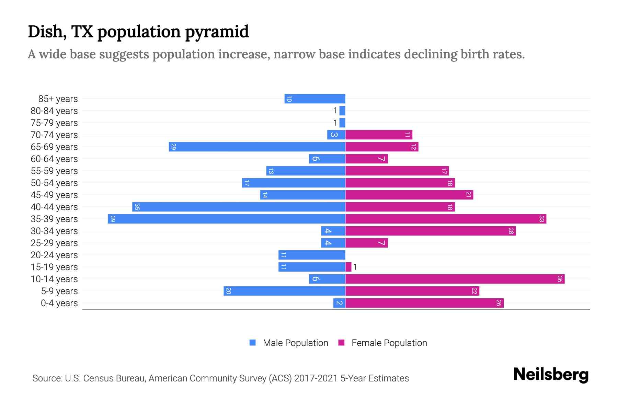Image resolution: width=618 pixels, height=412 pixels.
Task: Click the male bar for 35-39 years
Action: coord(227,219)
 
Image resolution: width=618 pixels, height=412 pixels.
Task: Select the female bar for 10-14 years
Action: coord(455,279)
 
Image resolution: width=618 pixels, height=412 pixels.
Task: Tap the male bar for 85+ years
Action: coord(315,99)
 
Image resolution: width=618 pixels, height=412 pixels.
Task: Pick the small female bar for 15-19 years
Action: coord(348,267)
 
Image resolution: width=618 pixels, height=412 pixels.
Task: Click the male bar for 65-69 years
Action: coord(257,147)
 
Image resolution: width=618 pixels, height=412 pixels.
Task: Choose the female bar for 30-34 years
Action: coord(431,231)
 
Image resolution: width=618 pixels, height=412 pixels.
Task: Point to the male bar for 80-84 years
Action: coord(342,111)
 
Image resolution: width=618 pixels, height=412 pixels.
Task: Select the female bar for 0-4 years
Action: coord(424,303)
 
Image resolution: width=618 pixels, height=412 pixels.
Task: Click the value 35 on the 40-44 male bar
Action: coord(137,207)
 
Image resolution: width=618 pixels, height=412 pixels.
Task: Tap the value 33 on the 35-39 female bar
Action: coord(541,219)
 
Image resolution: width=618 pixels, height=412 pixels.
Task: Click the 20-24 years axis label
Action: coord(54,255)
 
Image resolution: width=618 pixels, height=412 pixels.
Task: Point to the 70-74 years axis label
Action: coord(54,135)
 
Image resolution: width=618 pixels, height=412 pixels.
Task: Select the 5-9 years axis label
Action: coord(59,291)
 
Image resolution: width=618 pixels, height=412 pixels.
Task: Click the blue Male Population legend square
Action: coord(253,343)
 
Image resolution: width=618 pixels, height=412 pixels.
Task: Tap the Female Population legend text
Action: coord(389,343)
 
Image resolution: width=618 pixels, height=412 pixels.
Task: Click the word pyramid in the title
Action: coord(217,32)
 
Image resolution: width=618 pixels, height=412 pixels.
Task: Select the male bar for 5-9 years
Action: coord(284,291)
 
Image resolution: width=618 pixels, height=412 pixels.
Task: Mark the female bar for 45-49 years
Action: coord(409,195)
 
